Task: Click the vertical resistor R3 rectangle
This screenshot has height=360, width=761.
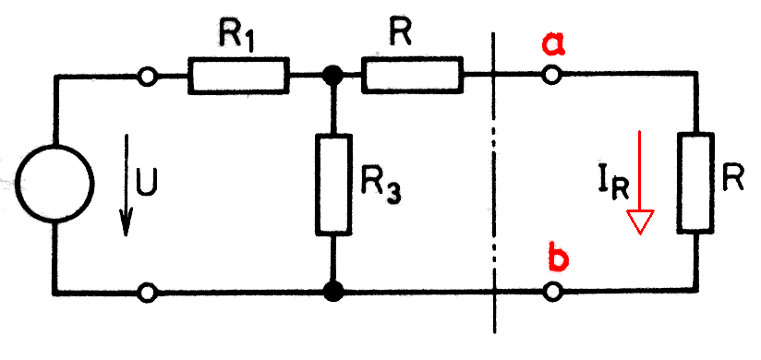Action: click(333, 185)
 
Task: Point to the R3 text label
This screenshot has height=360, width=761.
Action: click(382, 187)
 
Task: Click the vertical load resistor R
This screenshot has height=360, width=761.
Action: click(697, 183)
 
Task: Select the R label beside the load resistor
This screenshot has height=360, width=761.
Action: click(732, 181)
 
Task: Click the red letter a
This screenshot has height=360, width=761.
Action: click(553, 44)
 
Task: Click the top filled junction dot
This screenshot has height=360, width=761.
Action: click(333, 76)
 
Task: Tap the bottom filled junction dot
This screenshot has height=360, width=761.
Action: click(333, 292)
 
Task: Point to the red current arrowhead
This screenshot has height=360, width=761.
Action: click(641, 222)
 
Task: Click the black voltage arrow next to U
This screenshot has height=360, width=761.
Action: click(127, 185)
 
